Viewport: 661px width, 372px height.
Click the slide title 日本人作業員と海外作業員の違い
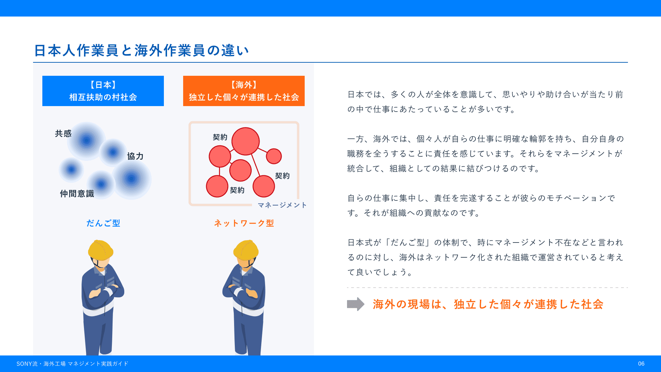tap(141, 50)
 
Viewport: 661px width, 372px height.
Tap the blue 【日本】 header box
tap(103, 91)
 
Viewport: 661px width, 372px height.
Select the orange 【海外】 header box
tap(244, 91)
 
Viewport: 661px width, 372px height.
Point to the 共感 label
tap(63, 133)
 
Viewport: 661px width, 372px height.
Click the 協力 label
tap(135, 156)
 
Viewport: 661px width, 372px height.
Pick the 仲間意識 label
tap(77, 194)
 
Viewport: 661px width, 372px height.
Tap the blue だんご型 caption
tap(103, 223)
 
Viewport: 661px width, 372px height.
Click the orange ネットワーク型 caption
tap(244, 223)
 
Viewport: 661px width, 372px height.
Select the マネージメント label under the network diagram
tap(282, 205)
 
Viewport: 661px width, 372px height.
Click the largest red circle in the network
tap(245, 141)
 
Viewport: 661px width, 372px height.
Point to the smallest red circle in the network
tap(274, 156)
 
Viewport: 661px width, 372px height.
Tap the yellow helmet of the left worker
tap(101, 250)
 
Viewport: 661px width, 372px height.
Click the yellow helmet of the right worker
tap(246, 250)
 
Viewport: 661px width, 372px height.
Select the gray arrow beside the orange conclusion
tap(356, 304)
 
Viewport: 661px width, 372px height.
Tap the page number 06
tap(641, 364)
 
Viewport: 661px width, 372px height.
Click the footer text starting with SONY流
tap(72, 364)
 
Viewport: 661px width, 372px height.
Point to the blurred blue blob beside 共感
tap(86, 141)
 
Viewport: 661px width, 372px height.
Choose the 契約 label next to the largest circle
tap(220, 137)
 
